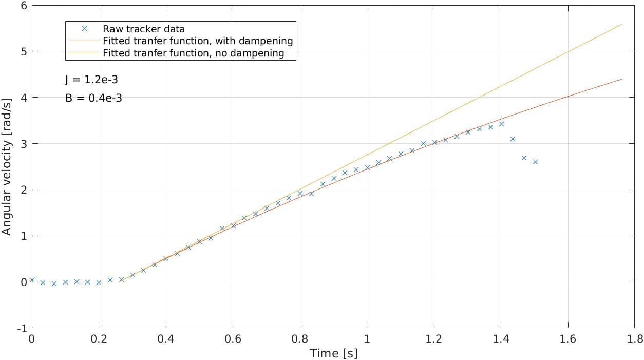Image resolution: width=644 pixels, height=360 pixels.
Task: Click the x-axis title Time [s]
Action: click(333, 353)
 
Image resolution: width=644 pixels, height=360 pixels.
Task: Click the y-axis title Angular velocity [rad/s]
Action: click(6, 167)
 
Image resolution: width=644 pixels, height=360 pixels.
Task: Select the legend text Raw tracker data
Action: click(144, 29)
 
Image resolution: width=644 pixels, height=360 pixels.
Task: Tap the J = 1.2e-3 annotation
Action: click(92, 80)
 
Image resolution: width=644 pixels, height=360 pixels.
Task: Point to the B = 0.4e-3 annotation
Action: click(94, 98)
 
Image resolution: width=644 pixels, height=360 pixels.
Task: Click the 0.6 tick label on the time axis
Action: click(233, 339)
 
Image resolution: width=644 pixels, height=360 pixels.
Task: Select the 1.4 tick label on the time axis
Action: click(501, 339)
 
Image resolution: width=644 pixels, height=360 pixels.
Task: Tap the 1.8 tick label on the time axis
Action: click(635, 339)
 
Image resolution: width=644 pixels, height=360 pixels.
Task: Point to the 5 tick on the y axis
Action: click(24, 51)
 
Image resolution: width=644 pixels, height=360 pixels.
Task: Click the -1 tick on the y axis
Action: click(22, 328)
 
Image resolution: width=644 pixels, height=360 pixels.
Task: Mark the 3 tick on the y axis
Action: click(24, 144)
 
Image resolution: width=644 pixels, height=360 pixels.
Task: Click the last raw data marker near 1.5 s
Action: click(535, 162)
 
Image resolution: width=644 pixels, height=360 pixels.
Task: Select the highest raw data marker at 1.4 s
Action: click(501, 124)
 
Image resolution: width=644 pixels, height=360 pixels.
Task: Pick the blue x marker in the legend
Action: click(84, 28)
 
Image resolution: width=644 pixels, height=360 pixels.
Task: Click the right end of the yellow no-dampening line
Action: click(621, 25)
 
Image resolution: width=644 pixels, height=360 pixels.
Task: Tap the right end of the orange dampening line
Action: click(621, 79)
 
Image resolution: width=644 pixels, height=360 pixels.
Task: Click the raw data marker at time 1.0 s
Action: click(367, 167)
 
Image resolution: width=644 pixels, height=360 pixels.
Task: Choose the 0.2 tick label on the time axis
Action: click(99, 339)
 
